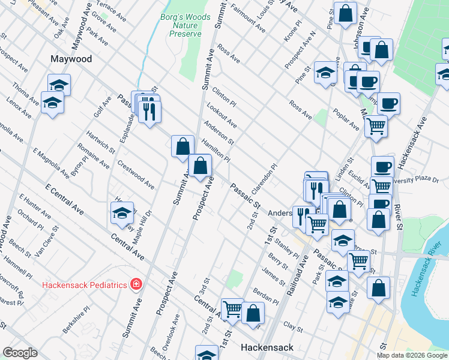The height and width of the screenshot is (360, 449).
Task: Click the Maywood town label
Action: (x=71, y=59)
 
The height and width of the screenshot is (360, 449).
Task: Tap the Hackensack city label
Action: (x=267, y=347)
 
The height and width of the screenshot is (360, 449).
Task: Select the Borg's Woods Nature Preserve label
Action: (x=185, y=26)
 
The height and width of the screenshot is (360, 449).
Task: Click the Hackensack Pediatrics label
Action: (x=84, y=283)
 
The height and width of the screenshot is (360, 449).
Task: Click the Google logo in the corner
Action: (x=20, y=353)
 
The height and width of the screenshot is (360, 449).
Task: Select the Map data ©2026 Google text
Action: (x=412, y=355)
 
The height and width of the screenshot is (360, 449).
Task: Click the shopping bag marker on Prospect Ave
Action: (x=200, y=165)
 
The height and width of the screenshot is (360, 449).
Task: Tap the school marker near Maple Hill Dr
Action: (x=122, y=213)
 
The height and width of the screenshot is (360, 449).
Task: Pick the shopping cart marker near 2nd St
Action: (x=232, y=310)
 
